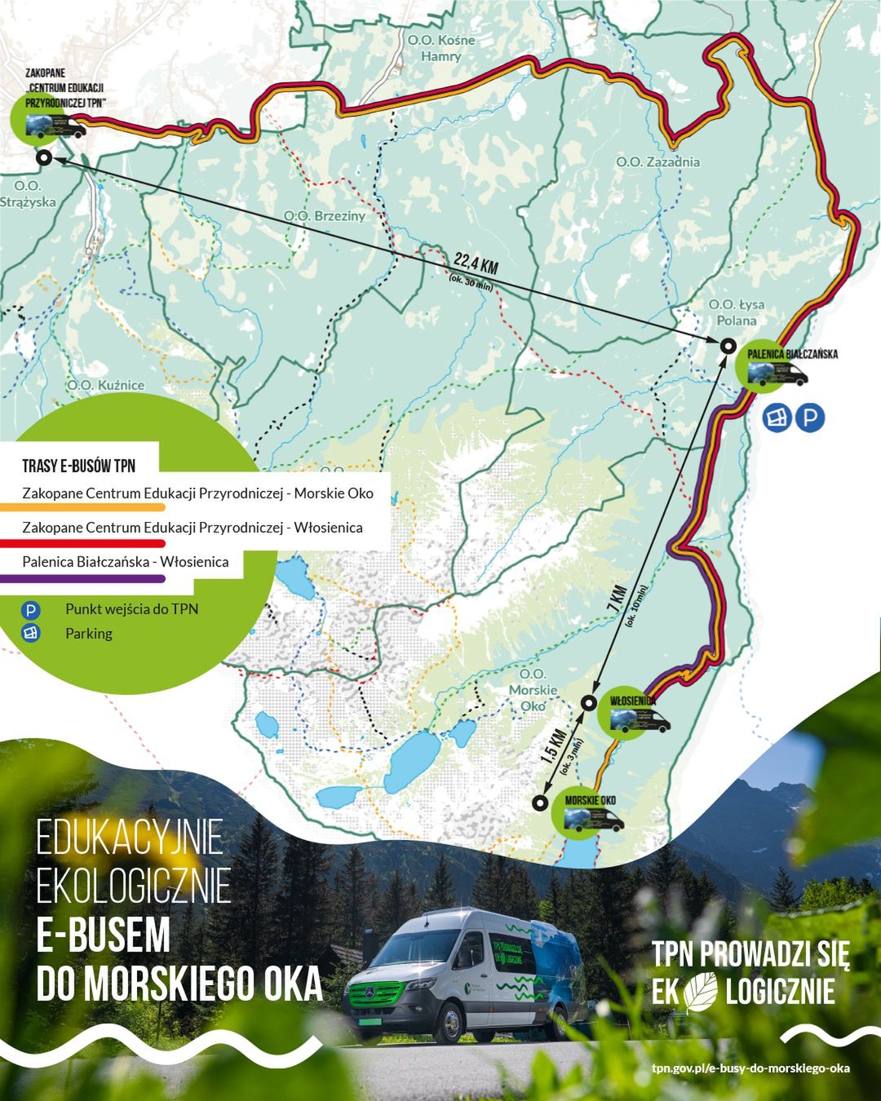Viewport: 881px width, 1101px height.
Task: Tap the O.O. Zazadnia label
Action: click(657, 161)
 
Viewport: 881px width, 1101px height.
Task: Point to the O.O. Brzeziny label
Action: click(325, 216)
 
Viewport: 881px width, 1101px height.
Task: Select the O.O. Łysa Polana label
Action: click(737, 312)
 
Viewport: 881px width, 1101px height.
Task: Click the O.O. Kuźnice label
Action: click(106, 385)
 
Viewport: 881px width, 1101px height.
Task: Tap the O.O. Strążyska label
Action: click(29, 194)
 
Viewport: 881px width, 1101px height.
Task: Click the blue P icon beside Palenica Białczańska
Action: click(810, 418)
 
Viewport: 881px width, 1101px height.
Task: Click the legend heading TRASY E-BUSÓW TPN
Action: click(79, 466)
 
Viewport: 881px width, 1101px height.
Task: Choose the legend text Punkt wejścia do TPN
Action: click(131, 609)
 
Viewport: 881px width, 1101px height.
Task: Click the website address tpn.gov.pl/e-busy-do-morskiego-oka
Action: click(750, 1068)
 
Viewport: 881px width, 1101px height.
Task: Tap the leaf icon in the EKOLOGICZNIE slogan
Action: click(702, 991)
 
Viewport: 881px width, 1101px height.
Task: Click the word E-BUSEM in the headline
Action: click(104, 935)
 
